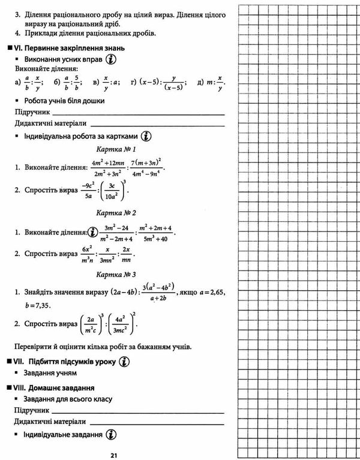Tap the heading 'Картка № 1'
117,149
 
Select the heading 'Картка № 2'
117,213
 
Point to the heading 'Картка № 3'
117,274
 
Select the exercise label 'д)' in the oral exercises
200,82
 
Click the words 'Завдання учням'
51,374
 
